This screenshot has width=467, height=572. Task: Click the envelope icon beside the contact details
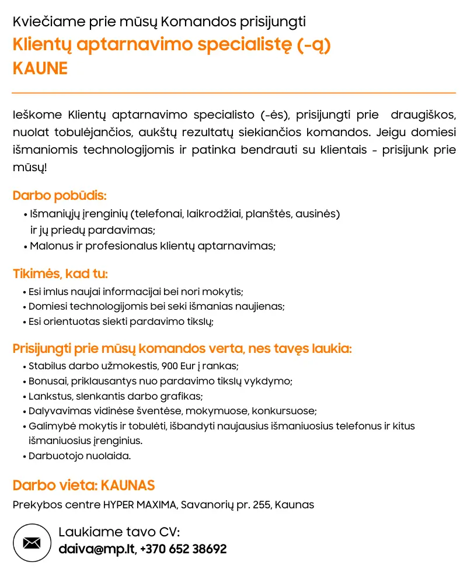pos(32,543)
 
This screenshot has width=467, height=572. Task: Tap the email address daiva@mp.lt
pos(96,549)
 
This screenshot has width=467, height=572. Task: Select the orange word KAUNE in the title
pos(40,68)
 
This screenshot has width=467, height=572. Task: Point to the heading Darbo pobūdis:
pos(60,196)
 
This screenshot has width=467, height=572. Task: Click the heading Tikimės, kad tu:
pos(60,274)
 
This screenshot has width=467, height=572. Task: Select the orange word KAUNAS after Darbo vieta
pos(128,486)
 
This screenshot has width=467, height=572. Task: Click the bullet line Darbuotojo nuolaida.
pos(79,456)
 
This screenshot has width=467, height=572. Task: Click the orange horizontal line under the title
pos(233,93)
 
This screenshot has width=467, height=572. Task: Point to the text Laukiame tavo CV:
pos(119,532)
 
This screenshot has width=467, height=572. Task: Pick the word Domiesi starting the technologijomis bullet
pos(48,306)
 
